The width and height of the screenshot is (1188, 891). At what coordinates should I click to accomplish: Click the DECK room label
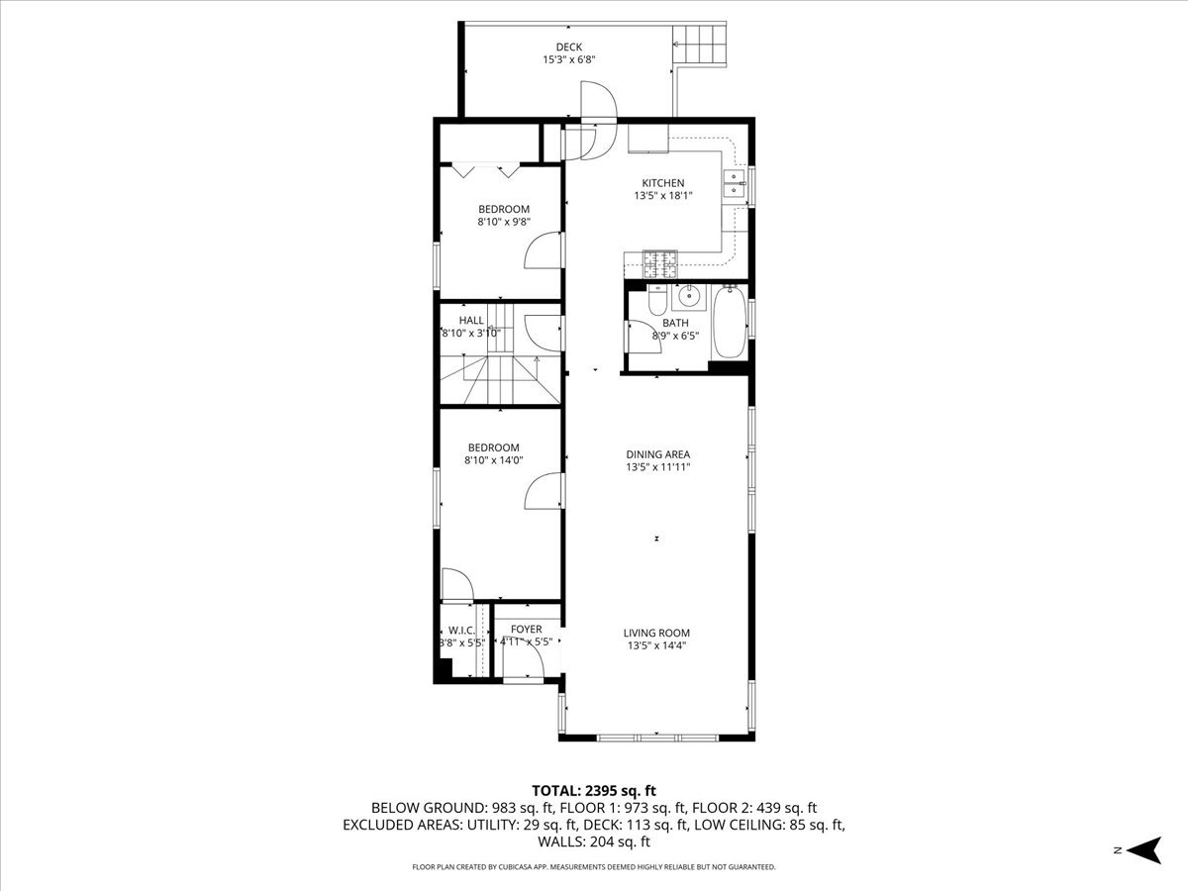pos(568,47)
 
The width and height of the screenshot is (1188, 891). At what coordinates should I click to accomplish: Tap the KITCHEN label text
pos(662,183)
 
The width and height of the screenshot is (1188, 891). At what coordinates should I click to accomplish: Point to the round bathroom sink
pos(687,297)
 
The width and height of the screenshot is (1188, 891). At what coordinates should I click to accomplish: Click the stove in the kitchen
pos(661,263)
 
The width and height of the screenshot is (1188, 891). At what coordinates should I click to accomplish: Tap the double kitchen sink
pos(734,184)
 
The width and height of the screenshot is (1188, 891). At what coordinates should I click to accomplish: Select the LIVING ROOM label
pos(656,633)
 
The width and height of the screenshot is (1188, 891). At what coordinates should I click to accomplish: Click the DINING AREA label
pos(657,454)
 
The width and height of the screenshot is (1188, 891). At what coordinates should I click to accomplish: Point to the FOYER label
pos(526,629)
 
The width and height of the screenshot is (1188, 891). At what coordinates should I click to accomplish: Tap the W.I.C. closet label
pos(461,631)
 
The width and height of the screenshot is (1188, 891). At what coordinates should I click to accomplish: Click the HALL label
pos(471,320)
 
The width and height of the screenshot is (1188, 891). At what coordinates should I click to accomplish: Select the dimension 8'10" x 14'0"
pos(493,459)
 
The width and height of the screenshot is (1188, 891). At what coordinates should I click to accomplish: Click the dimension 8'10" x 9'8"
pos(503,222)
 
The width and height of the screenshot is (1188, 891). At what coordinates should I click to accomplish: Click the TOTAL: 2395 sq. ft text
pos(594,790)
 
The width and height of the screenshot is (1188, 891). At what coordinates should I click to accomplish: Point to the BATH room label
pos(675,323)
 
